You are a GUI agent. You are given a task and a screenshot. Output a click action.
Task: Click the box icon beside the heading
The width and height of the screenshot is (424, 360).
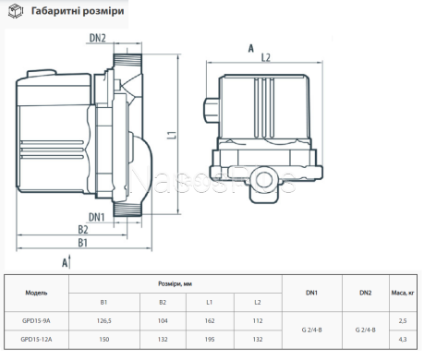point(16,11)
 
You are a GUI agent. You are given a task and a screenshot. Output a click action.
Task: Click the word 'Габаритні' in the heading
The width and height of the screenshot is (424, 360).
point(52,11)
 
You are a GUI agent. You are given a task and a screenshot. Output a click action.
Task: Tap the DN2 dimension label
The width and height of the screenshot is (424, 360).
point(97,38)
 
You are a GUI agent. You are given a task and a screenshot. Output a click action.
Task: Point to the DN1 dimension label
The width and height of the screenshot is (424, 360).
point(97,217)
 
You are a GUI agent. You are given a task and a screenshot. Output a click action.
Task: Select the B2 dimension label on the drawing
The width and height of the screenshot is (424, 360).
point(83,230)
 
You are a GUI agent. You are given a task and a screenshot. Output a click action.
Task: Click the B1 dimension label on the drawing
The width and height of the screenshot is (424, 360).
point(82,243)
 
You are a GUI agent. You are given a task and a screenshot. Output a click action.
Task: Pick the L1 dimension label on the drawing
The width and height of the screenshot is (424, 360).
point(173,135)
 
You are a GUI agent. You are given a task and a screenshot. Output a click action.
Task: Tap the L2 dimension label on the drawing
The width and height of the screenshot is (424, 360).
point(265,57)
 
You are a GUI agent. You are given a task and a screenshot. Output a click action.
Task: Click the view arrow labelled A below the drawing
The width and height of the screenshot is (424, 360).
point(67,262)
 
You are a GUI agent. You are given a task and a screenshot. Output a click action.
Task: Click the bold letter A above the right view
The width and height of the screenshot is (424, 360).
point(251,48)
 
